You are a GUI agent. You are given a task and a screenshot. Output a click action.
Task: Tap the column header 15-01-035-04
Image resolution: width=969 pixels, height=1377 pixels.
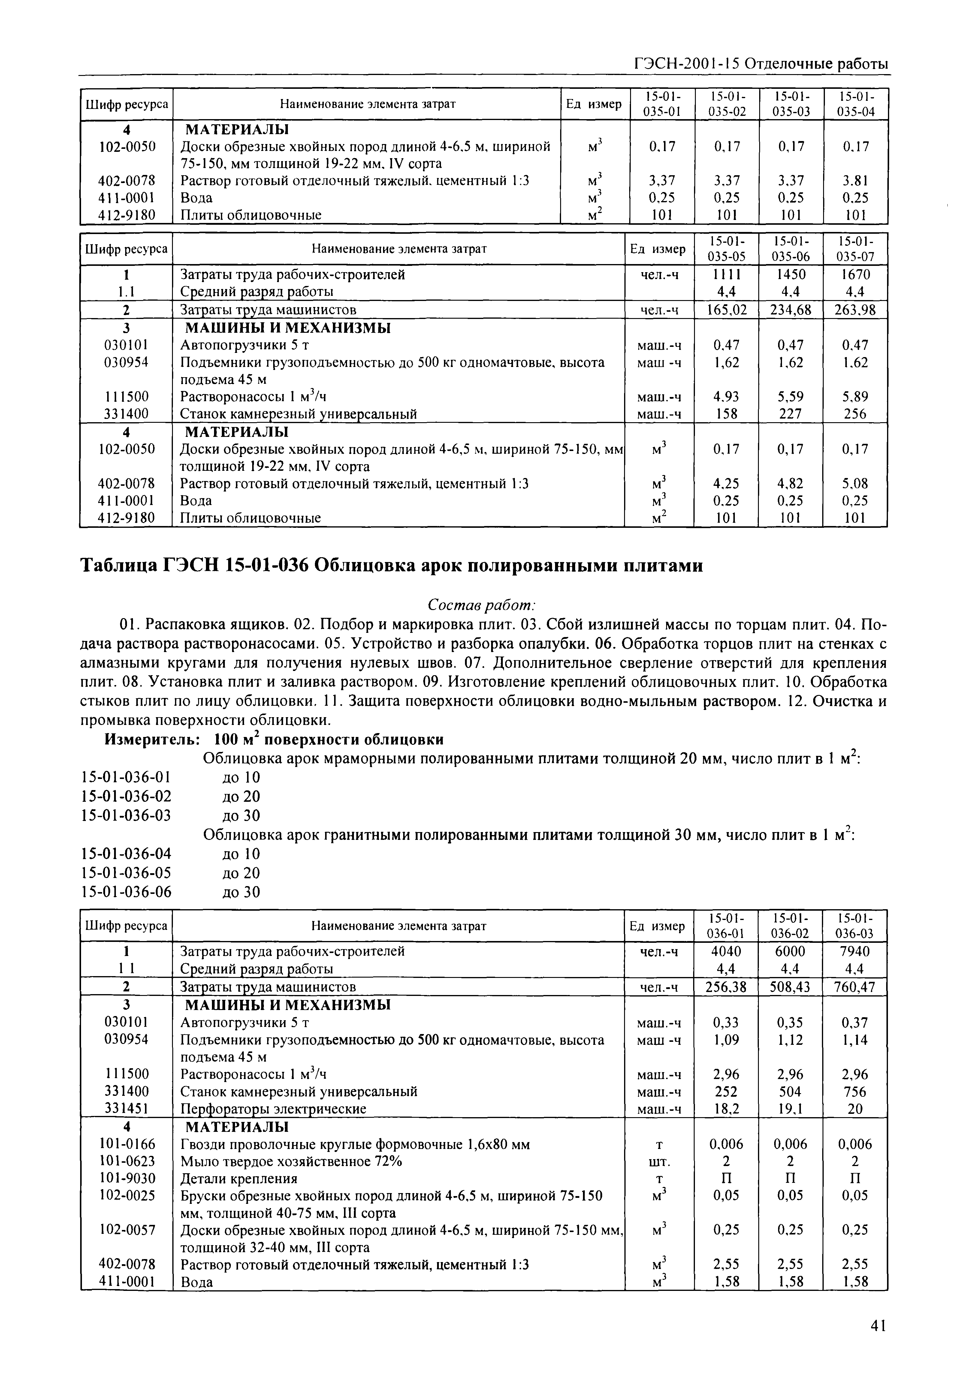[x=855, y=104]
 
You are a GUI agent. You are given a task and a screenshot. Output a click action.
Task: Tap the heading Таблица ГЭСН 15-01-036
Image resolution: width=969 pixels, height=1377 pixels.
[x=391, y=566]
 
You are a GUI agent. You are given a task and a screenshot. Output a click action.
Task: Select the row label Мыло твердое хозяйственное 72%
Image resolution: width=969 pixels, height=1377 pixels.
[x=291, y=1161]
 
